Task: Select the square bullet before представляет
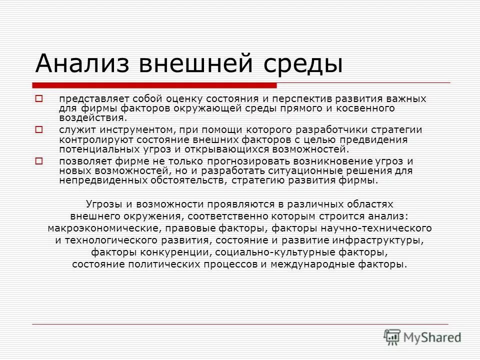click(39, 98)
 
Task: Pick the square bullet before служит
click(39, 129)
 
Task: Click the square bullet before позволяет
click(39, 161)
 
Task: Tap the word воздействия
click(92, 118)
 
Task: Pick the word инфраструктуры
click(381, 240)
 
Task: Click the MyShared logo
click(423, 337)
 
